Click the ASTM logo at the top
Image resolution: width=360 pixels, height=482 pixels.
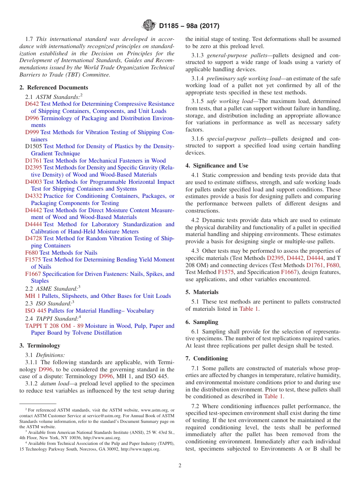[149, 25]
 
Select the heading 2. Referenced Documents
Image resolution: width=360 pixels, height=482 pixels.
[54, 88]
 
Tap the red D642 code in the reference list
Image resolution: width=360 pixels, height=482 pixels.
[32, 104]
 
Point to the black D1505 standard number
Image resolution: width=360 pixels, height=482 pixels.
[33, 147]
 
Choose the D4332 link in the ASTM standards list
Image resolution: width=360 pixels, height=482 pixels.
[33, 196]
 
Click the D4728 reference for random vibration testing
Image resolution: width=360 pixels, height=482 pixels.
[33, 239]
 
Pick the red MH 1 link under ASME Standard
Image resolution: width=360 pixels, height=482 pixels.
[33, 296]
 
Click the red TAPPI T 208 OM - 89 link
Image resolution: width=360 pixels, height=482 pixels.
[55, 326]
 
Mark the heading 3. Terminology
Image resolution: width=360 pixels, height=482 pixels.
[40, 346]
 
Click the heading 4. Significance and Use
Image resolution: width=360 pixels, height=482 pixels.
[217, 166]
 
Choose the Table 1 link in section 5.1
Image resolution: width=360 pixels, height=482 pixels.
[249, 309]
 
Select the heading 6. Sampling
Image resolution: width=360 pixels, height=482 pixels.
[202, 322]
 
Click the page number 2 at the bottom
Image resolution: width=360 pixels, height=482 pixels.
[180, 466]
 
